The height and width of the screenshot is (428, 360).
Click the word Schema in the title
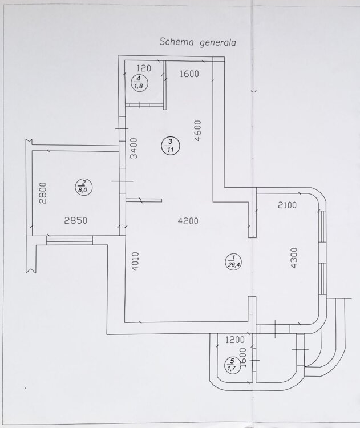click(177, 42)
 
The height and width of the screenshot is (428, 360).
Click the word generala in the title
click(218, 43)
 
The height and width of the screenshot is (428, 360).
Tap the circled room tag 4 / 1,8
click(139, 82)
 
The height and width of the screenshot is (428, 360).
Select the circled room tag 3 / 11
click(171, 146)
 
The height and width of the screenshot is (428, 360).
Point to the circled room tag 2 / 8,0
click(83, 187)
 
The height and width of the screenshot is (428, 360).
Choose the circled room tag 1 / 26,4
click(233, 261)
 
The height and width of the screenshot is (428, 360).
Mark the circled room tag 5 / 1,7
click(232, 365)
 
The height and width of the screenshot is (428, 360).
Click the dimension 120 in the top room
click(144, 68)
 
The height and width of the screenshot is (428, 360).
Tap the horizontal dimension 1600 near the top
click(189, 74)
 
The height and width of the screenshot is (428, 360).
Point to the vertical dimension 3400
click(134, 148)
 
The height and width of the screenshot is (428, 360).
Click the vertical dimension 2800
click(43, 193)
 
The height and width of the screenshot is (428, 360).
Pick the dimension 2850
click(76, 220)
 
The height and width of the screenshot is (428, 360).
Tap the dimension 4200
click(188, 220)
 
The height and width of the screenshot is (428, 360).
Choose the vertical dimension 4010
click(135, 261)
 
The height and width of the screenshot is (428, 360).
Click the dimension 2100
click(287, 205)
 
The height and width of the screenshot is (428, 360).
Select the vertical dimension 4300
click(293, 258)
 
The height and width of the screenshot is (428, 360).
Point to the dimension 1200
click(235, 340)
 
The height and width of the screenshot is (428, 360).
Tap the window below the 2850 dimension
click(70, 240)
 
